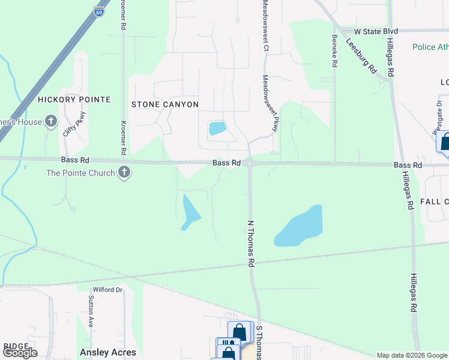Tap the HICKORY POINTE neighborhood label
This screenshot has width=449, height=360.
(74, 99)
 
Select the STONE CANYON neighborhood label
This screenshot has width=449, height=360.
(165, 104)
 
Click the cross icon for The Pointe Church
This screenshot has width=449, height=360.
(124, 173)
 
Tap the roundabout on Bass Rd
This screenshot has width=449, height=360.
(249, 163)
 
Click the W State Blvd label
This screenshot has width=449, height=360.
(376, 31)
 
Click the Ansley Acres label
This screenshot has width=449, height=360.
(108, 353)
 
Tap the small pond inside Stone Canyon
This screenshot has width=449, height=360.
(217, 128)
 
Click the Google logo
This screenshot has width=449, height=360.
(20, 352)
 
